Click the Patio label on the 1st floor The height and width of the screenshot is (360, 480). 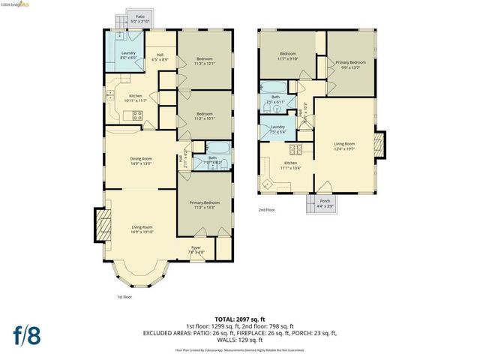(139, 19)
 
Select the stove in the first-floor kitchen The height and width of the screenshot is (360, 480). (138, 115)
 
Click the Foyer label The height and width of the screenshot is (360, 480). (196, 249)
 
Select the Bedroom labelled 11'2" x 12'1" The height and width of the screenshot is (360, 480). (205, 61)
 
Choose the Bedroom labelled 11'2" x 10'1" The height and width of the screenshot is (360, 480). (205, 115)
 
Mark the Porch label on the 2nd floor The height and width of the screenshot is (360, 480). (325, 202)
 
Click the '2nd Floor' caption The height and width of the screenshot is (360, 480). (267, 210)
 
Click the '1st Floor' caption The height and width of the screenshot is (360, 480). (124, 296)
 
